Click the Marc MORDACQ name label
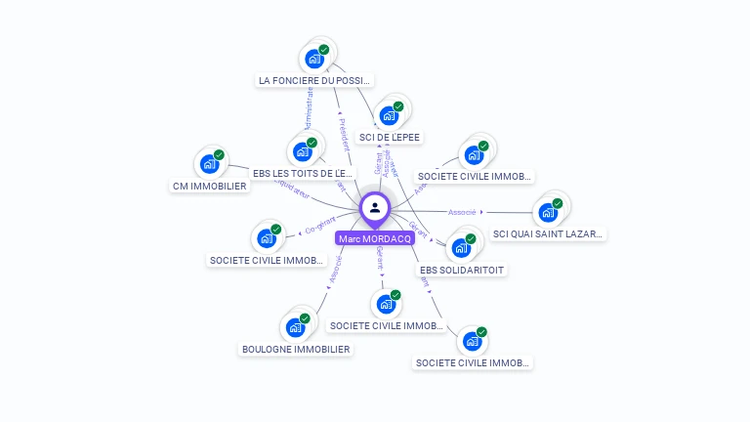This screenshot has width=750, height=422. pyautogui.click(x=374, y=238)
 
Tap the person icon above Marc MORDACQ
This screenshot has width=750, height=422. pyautogui.click(x=375, y=207)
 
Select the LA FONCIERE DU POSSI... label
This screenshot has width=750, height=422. pyautogui.click(x=314, y=80)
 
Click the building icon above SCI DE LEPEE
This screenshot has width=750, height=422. pyautogui.click(x=389, y=116)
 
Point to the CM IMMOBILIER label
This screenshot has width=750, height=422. pyautogui.click(x=210, y=186)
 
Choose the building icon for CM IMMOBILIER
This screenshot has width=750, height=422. pyautogui.click(x=209, y=164)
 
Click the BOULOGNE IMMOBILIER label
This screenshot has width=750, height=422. pyautogui.click(x=295, y=349)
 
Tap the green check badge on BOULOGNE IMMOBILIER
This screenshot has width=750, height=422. pyautogui.click(x=305, y=318)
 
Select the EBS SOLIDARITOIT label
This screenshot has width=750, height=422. pyautogui.click(x=463, y=270)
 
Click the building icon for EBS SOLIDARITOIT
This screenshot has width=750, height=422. pyautogui.click(x=461, y=247)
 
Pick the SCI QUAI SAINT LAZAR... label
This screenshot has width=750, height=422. pyautogui.click(x=549, y=234)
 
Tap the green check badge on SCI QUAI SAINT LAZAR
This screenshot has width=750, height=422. pyautogui.click(x=558, y=203)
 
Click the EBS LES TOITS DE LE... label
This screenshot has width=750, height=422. pyautogui.click(x=303, y=173)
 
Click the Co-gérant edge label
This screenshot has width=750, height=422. pyautogui.click(x=319, y=229)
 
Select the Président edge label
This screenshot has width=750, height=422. pyautogui.click(x=344, y=132)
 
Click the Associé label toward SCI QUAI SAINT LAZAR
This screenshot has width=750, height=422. pyautogui.click(x=462, y=211)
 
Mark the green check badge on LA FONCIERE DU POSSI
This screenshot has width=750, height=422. pyautogui.click(x=323, y=49)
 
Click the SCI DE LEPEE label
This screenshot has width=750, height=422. pyautogui.click(x=390, y=138)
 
